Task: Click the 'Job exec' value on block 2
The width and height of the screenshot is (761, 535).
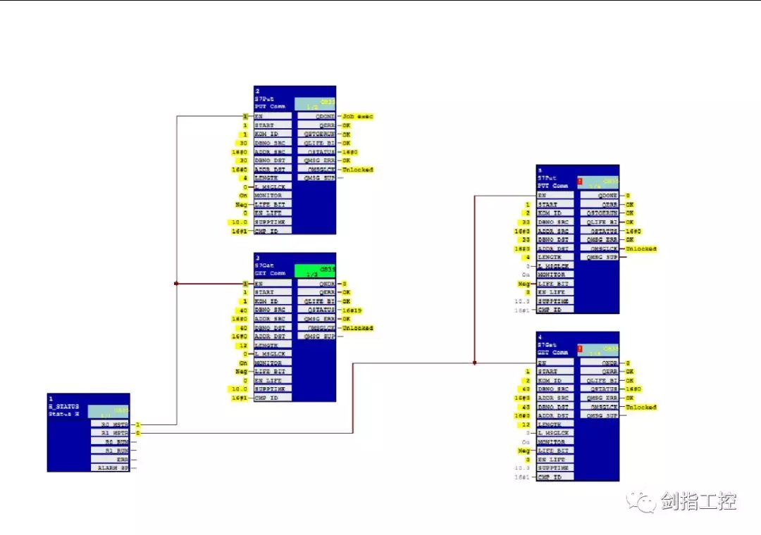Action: [358, 116]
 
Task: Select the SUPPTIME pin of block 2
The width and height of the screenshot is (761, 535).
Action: [273, 222]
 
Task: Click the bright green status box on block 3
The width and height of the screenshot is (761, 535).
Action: [315, 271]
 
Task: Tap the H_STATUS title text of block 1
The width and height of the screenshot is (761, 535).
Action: [64, 407]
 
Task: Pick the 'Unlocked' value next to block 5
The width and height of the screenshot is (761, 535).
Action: [641, 248]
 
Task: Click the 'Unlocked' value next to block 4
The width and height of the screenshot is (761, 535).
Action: [641, 407]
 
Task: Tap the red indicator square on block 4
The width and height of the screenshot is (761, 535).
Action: [579, 348]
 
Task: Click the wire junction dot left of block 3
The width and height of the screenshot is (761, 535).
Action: [176, 284]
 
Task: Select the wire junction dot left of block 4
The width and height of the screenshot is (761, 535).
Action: [474, 363]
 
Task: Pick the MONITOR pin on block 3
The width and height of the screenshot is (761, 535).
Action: [273, 363]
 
